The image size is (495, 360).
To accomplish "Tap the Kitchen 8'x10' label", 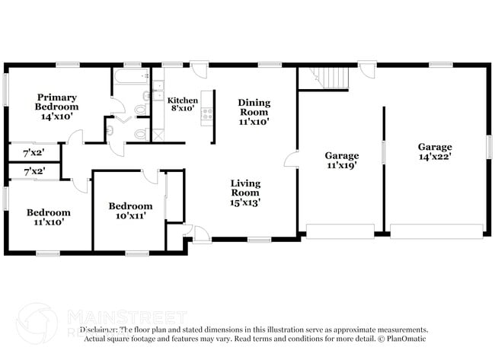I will [183, 105].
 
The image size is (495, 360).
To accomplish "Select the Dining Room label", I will [254, 111].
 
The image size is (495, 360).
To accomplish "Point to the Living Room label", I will [246, 193].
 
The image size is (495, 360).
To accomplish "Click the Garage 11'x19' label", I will [342, 160].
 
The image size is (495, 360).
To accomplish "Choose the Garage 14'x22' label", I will [434, 151].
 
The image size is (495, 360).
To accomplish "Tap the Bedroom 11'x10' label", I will [49, 217].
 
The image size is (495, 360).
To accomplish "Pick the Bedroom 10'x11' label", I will [130, 210].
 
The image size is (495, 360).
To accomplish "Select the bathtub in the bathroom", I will [131, 79].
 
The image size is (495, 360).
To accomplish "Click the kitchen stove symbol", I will [206, 116].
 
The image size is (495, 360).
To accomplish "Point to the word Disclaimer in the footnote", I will [100, 330].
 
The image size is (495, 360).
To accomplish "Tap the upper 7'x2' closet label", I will [34, 153].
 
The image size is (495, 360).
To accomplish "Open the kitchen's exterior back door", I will [200, 70].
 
